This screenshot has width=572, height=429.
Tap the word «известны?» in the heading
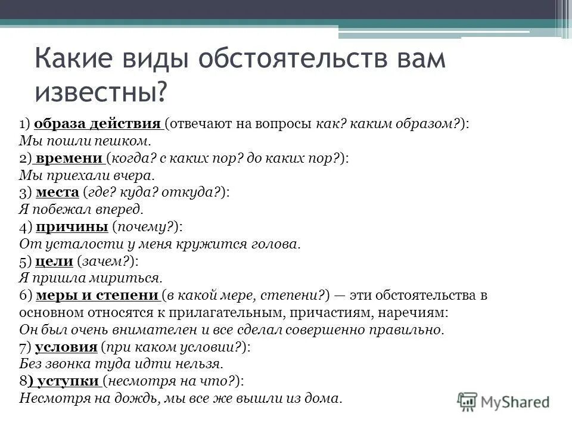click(x=101, y=92)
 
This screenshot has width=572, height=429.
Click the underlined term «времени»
click(x=70, y=158)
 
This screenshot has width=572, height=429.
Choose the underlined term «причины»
click(x=71, y=227)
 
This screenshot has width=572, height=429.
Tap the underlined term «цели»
click(x=54, y=261)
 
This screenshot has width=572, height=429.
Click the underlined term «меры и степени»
click(x=97, y=296)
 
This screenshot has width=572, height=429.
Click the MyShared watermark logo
click(x=503, y=401)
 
